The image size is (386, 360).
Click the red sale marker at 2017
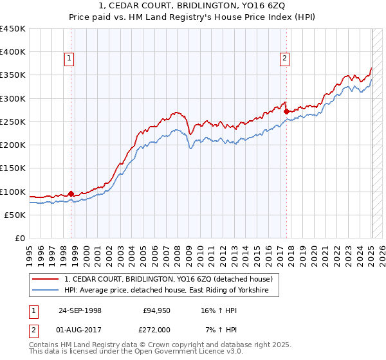coord(286,111)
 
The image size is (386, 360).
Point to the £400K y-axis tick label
coord(13,52)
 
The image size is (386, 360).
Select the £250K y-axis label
coord(13,122)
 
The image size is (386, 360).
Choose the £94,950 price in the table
coord(156,310)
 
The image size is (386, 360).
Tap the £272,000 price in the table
coord(156,330)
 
